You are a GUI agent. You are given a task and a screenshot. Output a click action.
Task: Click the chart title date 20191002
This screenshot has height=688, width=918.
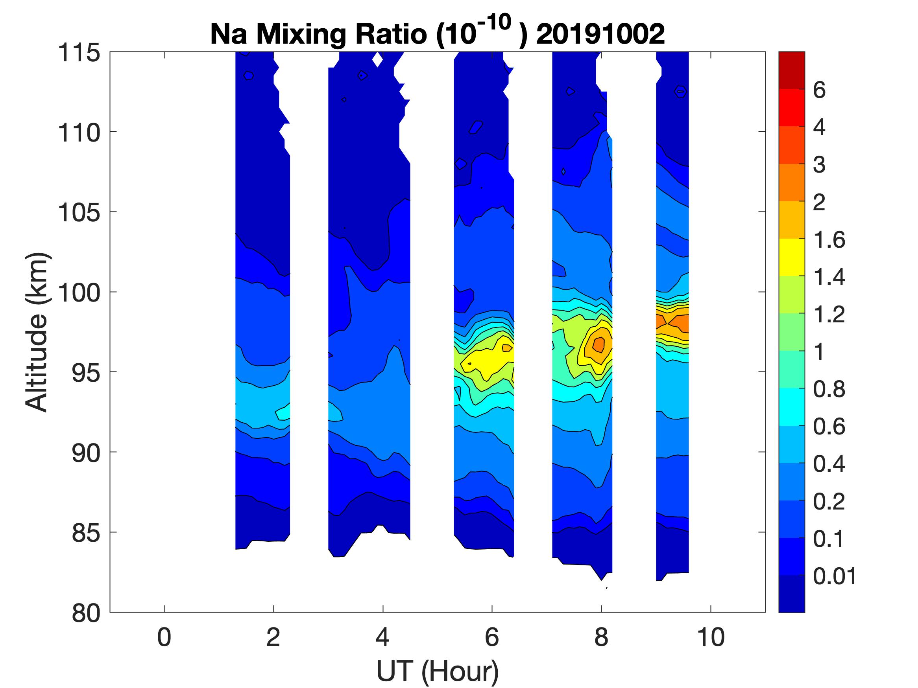coord(600,34)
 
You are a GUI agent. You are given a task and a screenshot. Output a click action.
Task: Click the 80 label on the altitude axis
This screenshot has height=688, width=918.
coord(86,613)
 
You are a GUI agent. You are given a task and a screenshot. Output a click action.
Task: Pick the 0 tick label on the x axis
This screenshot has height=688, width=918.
coord(164,637)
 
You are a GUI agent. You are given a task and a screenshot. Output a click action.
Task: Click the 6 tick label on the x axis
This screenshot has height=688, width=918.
coord(492,637)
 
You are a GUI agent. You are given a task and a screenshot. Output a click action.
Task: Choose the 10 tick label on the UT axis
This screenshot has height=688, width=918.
coord(711,637)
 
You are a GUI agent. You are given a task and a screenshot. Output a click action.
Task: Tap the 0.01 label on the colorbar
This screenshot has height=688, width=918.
coord(834,576)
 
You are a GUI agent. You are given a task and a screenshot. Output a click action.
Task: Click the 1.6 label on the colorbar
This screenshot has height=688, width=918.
coord(829,239)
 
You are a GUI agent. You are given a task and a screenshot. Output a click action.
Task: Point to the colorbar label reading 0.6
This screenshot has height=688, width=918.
coord(829,426)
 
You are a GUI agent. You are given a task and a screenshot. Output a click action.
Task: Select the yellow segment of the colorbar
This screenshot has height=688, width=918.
coord(791,257)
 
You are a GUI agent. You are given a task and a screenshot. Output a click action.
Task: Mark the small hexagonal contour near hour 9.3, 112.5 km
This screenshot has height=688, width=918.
coord(680,91)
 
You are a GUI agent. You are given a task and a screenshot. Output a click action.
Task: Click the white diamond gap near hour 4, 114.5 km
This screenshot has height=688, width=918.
coord(377,60)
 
